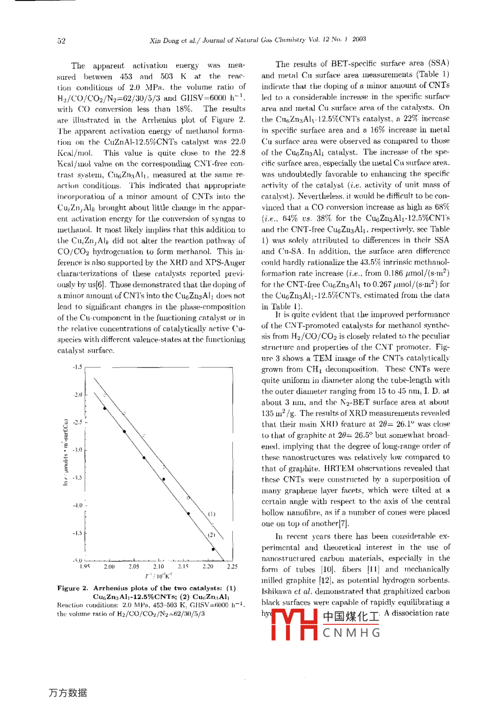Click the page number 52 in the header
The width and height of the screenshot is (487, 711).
(x=61, y=40)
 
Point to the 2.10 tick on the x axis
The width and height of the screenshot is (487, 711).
(x=159, y=567)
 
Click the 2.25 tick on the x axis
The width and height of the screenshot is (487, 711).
(x=232, y=567)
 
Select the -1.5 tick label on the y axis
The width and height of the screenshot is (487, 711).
(x=78, y=367)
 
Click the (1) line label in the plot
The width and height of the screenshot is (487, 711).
(x=212, y=514)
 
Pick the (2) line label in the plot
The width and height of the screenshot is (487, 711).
(x=212, y=535)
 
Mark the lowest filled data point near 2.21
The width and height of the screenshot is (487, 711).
(x=214, y=549)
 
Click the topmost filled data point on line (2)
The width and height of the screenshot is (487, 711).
(x=105, y=408)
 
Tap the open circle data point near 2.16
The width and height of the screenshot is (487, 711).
(x=188, y=498)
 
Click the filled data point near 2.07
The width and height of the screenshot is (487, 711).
(x=144, y=458)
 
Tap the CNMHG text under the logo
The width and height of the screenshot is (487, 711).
(x=351, y=633)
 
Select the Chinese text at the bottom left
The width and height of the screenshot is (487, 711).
(x=68, y=693)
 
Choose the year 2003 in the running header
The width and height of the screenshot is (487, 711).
(x=359, y=39)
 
